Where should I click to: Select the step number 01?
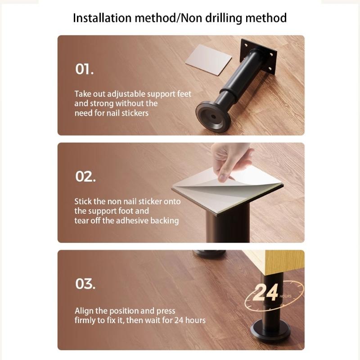click(84, 69)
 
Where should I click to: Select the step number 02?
click(85, 176)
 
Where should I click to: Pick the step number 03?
click(85, 284)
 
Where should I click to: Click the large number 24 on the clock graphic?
click(265, 293)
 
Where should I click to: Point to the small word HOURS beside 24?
click(285, 296)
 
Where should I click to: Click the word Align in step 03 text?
click(84, 311)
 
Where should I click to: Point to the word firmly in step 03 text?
click(86, 320)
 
